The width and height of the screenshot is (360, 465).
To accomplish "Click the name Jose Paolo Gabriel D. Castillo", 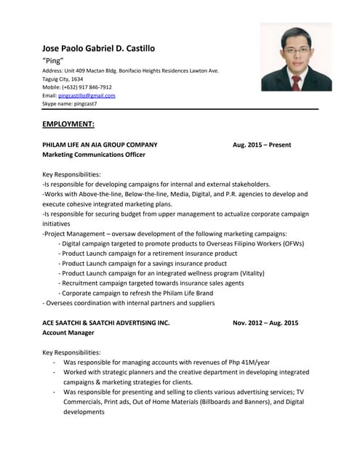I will (98, 48).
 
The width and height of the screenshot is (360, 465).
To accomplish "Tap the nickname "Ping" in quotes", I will (54, 60).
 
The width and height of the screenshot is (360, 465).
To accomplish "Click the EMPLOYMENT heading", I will (68, 124).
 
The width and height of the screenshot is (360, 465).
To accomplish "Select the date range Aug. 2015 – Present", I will (262, 145).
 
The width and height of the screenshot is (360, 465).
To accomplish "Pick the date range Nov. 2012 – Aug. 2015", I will (265, 323).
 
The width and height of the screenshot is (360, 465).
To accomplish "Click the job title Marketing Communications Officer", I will (94, 155).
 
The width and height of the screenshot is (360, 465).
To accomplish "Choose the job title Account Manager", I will (68, 333).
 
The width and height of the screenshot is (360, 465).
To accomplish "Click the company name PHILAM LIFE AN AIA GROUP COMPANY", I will (100, 145).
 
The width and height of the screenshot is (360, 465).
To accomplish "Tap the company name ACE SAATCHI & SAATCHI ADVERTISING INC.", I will (106, 323).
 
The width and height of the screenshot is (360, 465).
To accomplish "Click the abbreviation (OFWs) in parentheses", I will (289, 243).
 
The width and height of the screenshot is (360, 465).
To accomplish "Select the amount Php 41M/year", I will (245, 361).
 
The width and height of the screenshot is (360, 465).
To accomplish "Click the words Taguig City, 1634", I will (63, 78).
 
